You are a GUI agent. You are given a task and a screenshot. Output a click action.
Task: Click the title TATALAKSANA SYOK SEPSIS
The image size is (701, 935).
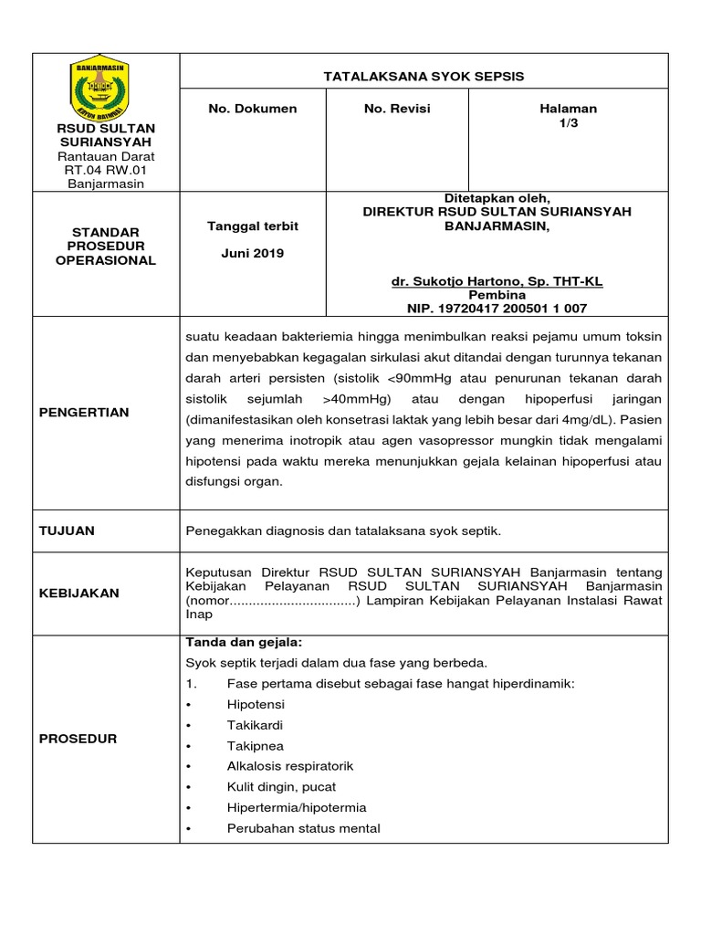click(x=424, y=76)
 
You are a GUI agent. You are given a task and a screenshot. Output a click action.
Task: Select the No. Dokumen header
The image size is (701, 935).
click(x=253, y=109)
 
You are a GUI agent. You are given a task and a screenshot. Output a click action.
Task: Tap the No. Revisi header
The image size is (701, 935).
click(x=397, y=109)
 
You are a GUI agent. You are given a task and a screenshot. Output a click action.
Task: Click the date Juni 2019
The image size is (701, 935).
click(x=253, y=253)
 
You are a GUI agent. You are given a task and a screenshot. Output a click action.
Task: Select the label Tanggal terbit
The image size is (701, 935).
click(x=253, y=226)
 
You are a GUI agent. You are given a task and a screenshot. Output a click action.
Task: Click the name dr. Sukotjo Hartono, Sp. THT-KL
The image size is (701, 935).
click(x=497, y=282)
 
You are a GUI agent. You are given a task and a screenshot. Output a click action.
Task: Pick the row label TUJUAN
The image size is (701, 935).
click(x=67, y=531)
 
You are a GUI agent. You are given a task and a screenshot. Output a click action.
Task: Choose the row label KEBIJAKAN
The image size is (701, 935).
click(x=78, y=593)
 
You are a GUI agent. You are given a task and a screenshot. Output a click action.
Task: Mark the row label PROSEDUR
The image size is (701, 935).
click(x=78, y=739)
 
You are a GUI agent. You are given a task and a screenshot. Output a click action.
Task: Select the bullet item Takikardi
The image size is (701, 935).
click(x=255, y=725)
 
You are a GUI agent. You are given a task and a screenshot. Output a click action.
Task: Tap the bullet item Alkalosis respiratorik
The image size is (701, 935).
click(x=289, y=766)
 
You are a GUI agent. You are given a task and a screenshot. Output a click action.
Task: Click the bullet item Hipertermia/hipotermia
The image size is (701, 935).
click(x=297, y=807)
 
